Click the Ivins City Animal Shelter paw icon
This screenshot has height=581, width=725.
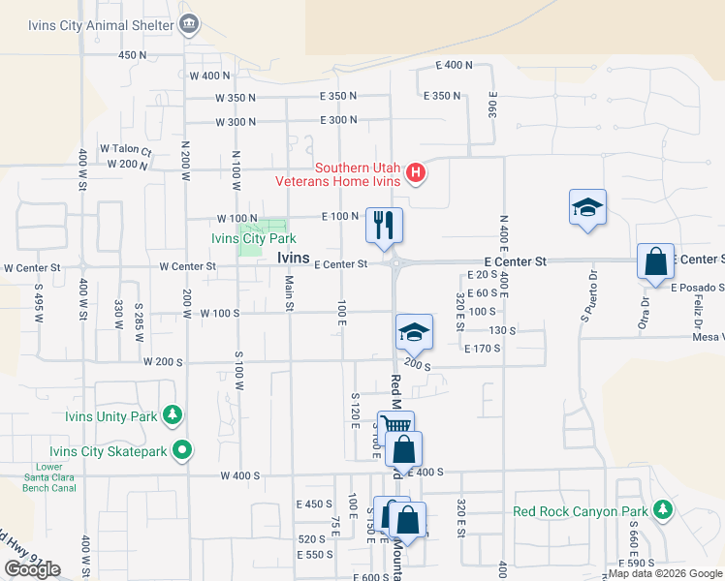pyautogui.click(x=189, y=22)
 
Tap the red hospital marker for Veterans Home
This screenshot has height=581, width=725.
pyautogui.click(x=416, y=174)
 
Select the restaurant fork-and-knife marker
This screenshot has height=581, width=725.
pyautogui.click(x=384, y=226)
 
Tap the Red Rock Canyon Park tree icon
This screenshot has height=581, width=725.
pyautogui.click(x=662, y=509)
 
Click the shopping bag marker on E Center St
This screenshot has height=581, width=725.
pyautogui.click(x=655, y=261)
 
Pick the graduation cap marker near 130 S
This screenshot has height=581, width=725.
pyautogui.click(x=414, y=332)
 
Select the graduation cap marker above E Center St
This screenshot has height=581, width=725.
pyautogui.click(x=587, y=208)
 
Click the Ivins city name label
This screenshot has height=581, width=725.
pyautogui.click(x=294, y=258)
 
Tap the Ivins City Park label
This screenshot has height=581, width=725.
pyautogui.click(x=253, y=238)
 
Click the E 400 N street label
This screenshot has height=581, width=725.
pyautogui.click(x=454, y=65)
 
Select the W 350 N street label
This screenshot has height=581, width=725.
pyautogui.click(x=235, y=98)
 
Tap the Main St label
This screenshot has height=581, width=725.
pyautogui.click(x=289, y=292)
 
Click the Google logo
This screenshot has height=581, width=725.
pyautogui.click(x=32, y=568)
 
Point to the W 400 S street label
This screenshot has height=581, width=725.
pyautogui.click(x=240, y=475)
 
